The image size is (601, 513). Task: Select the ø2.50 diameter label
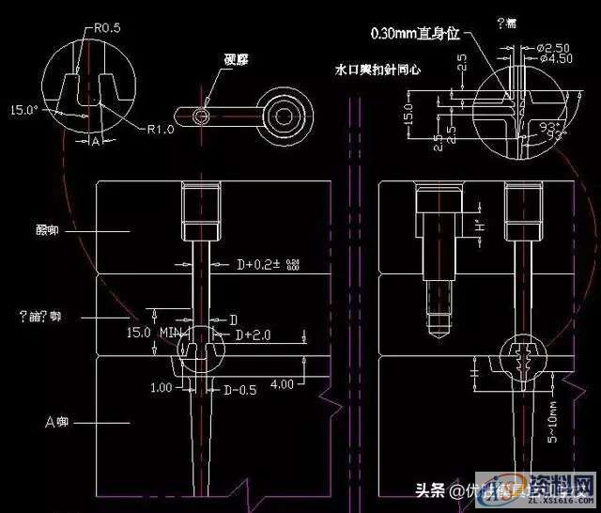click(554, 46)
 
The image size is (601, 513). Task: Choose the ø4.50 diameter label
click(554, 58)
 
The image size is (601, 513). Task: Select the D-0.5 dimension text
click(239, 389)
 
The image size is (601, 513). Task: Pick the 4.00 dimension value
click(282, 383)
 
